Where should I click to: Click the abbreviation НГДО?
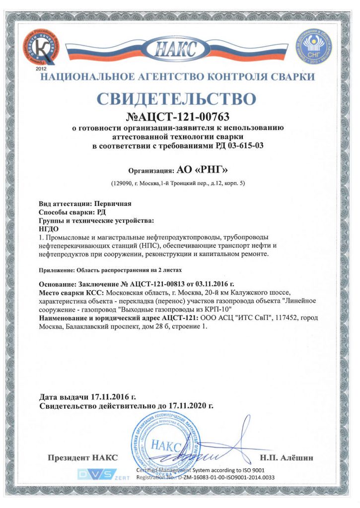click(x=49, y=229)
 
